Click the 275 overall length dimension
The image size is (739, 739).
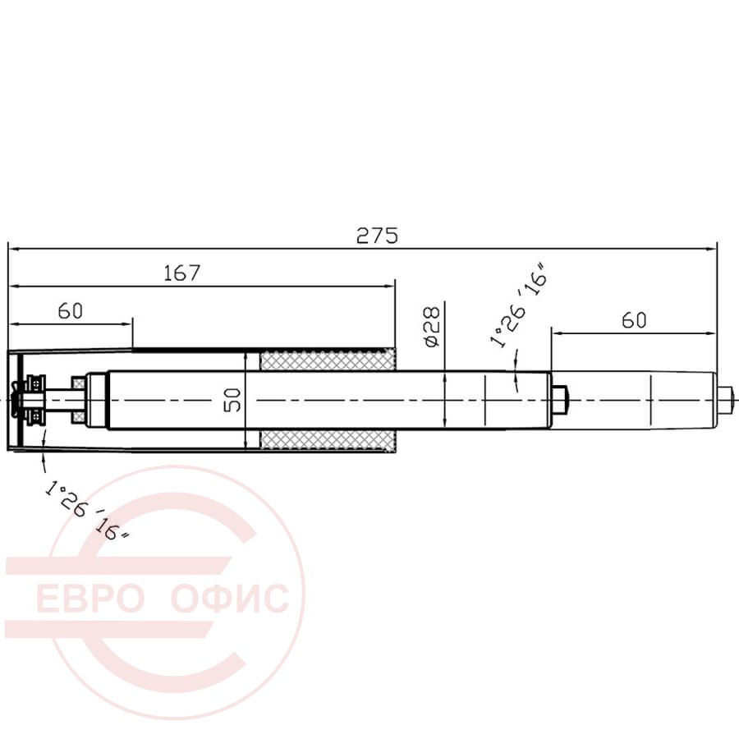(377, 235)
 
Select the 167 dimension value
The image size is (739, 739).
(182, 273)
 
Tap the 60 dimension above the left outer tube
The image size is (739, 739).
(71, 311)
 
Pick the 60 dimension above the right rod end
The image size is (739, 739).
(634, 320)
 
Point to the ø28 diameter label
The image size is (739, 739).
(432, 326)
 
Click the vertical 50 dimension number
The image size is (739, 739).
(232, 400)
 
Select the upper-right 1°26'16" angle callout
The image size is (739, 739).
(519, 305)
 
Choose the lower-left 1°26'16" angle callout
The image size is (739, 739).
(87, 509)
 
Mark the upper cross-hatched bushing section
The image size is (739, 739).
(328, 360)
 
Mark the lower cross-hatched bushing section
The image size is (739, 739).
(328, 440)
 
